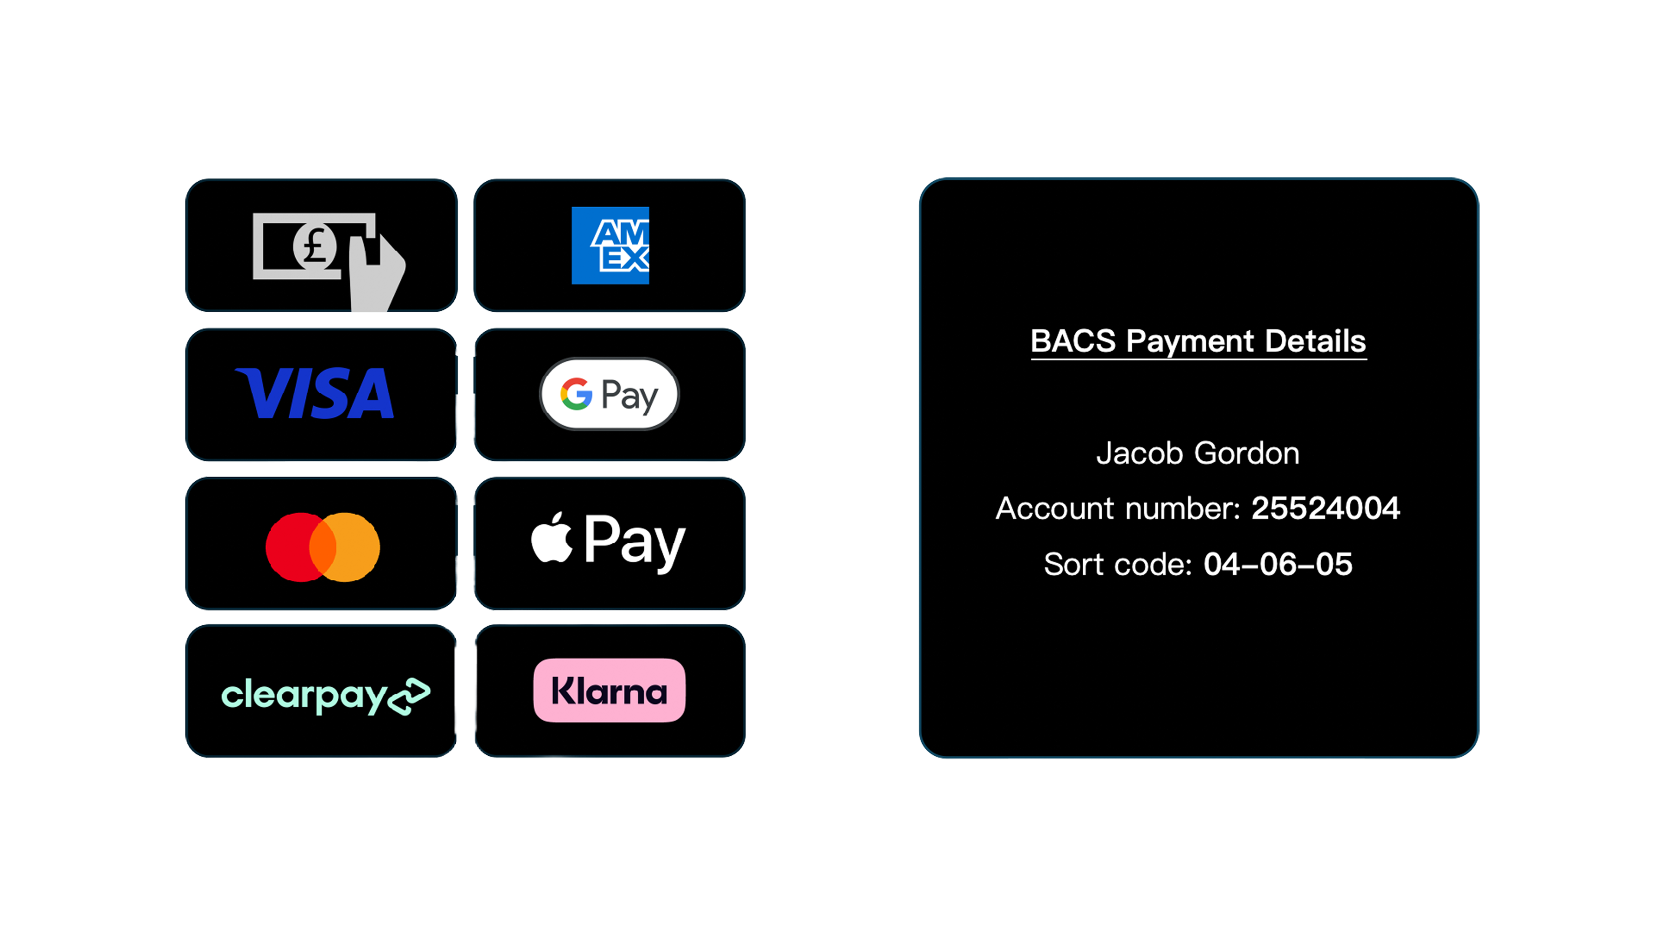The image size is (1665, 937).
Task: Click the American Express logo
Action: (610, 245)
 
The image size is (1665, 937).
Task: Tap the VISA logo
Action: (315, 394)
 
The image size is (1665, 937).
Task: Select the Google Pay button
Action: (610, 394)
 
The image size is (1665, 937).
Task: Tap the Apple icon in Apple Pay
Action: (552, 538)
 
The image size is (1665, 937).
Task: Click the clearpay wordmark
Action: (304, 696)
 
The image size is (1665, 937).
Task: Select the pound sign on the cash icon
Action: (315, 246)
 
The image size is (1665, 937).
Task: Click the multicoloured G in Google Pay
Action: (576, 394)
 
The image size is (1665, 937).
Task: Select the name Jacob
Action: (1139, 454)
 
